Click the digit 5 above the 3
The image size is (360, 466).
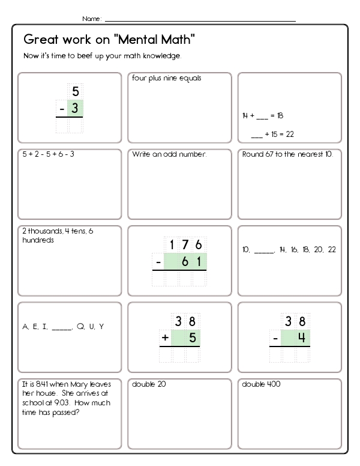pyautogui.click(x=75, y=92)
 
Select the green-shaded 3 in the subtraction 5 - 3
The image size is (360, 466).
pyautogui.click(x=75, y=108)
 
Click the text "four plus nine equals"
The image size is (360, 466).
pyautogui.click(x=166, y=78)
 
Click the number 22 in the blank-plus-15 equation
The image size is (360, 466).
pyautogui.click(x=289, y=133)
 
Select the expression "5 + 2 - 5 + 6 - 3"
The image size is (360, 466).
pyautogui.click(x=48, y=154)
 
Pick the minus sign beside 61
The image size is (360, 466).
pyautogui.click(x=157, y=262)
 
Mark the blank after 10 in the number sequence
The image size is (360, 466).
pyautogui.click(x=264, y=250)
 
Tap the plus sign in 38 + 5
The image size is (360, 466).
pyautogui.click(x=164, y=337)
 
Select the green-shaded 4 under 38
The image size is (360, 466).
pyautogui.click(x=302, y=337)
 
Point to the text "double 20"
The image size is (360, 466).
pyautogui.click(x=149, y=384)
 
